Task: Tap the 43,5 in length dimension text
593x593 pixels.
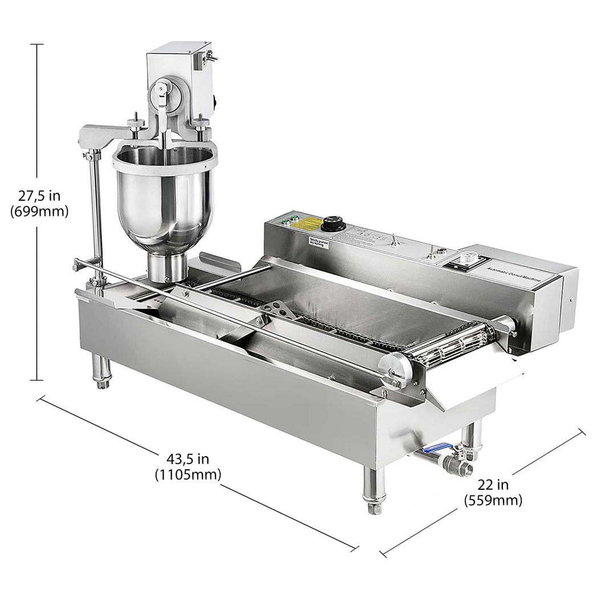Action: coord(188,466)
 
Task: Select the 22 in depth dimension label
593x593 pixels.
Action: coord(493,493)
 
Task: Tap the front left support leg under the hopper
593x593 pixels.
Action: coord(101,370)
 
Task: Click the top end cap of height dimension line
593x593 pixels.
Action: coord(37,44)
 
